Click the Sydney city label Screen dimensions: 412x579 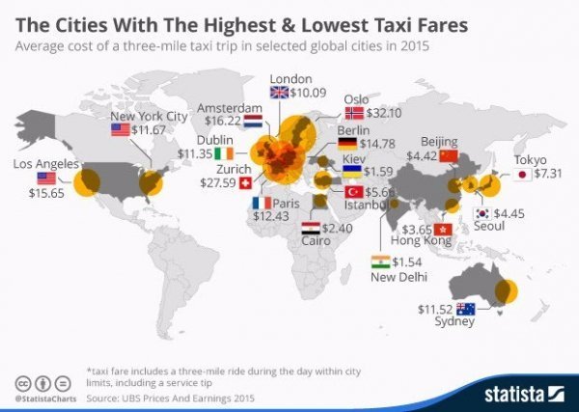pyautogui.click(x=455, y=322)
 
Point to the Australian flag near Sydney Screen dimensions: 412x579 pyautogui.click(x=467, y=309)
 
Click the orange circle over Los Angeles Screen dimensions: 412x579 pyautogui.click(x=89, y=181)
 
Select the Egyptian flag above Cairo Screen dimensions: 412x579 pyautogui.click(x=311, y=229)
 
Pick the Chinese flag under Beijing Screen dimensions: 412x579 pyautogui.click(x=448, y=154)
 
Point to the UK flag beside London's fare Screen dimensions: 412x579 pyautogui.click(x=279, y=93)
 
